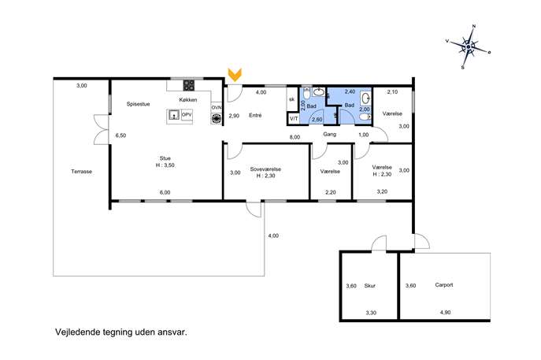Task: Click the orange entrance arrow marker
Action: [235, 75]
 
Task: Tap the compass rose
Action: [469, 46]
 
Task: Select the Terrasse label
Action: [81, 172]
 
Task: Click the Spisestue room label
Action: [138, 104]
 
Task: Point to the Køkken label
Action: [188, 100]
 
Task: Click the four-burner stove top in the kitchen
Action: [189, 85]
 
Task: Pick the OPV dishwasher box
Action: [187, 115]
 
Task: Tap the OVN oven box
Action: [217, 108]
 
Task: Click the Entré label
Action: [255, 116]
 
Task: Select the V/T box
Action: [294, 119]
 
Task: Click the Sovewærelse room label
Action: [265, 169]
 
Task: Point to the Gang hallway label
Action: [329, 134]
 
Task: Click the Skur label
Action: [370, 286]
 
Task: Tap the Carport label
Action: [444, 285]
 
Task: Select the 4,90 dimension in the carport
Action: [445, 313]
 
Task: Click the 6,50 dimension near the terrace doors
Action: [120, 135]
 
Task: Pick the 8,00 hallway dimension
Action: [295, 137]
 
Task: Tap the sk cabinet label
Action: [292, 99]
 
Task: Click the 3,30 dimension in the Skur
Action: [371, 313]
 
